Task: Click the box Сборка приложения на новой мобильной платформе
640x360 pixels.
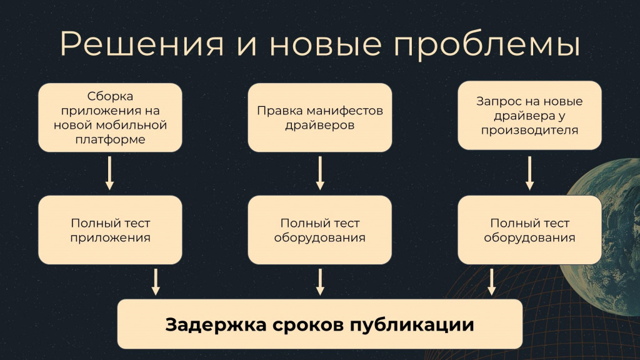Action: pos(110,117)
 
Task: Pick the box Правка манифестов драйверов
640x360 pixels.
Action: pos(319,117)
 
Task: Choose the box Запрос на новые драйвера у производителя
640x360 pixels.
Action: pos(529,115)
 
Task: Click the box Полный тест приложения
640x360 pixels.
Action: pos(110,230)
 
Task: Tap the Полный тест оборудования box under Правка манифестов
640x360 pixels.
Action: pos(319,230)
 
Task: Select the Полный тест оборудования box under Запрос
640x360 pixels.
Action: pos(529,230)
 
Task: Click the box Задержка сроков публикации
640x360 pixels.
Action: pos(319,324)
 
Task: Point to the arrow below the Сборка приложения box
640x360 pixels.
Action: pos(110,172)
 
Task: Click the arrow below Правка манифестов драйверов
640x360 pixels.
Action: pos(320,172)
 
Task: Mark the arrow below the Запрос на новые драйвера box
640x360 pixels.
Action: pos(529,172)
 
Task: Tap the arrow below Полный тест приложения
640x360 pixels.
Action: pos(156,281)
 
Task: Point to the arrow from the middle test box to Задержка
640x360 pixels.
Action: pos(320,281)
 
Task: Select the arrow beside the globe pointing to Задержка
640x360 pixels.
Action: pos(491,281)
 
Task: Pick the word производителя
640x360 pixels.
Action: pos(529,131)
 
